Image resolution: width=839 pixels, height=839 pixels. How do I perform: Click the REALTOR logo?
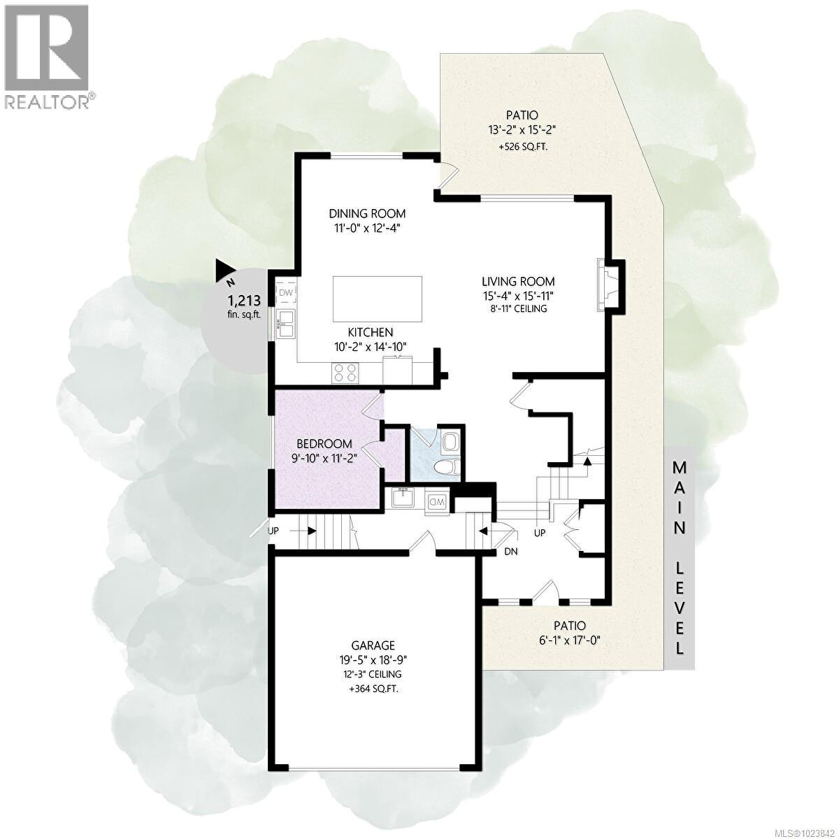point(47,56)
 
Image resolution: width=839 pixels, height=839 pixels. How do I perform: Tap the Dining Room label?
point(367,214)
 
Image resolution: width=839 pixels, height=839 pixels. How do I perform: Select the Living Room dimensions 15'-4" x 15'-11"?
point(518,295)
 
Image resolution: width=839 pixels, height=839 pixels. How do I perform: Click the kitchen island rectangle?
point(378,297)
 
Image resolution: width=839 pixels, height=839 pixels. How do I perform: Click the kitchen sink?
point(285,324)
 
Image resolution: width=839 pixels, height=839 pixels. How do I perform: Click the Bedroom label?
point(324,443)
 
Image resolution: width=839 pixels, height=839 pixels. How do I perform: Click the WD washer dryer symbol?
point(436,501)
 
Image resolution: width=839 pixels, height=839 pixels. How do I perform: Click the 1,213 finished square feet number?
point(244,301)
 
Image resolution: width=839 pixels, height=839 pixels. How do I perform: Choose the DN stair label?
point(512,552)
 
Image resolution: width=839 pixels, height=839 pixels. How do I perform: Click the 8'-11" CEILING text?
point(518,308)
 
